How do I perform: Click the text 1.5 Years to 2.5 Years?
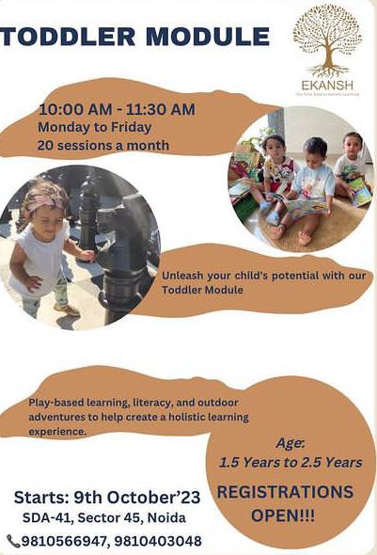pos(290,462)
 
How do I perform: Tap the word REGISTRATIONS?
pos(286,492)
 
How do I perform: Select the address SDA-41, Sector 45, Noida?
pos(104,518)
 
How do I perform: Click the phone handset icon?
pos(13,541)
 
